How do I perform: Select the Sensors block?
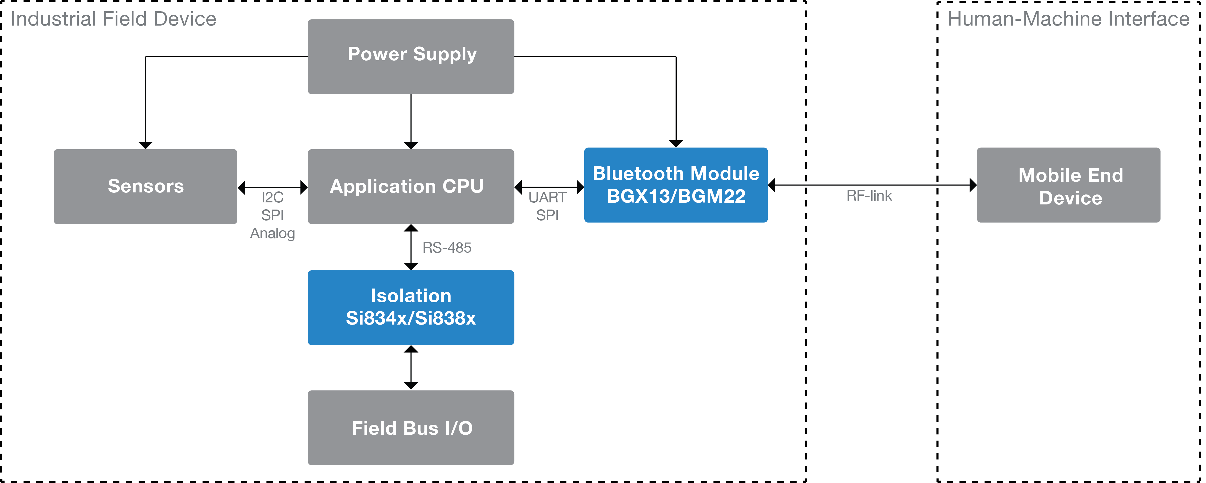point(145,186)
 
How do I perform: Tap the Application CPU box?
point(411,186)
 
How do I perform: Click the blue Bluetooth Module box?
point(676,185)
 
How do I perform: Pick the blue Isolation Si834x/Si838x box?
point(411,307)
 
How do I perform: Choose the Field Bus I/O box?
point(411,428)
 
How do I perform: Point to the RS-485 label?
point(447,248)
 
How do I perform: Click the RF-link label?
point(869,196)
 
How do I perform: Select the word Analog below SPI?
point(272,233)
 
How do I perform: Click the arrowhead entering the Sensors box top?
point(145,145)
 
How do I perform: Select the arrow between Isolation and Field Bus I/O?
point(411,367)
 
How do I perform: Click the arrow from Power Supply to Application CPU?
point(411,122)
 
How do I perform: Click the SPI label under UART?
point(547,215)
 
